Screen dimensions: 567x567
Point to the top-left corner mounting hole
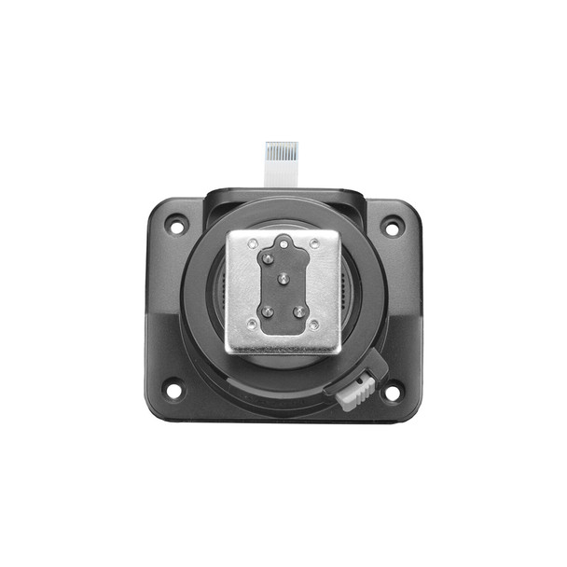(x=175, y=225)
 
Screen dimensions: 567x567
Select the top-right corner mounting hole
(x=393, y=226)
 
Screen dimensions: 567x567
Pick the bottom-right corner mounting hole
(x=393, y=393)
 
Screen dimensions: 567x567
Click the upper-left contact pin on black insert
(x=269, y=257)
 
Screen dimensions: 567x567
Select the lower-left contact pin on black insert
(x=267, y=311)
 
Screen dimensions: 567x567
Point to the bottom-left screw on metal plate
(x=252, y=325)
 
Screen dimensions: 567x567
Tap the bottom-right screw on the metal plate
(x=315, y=325)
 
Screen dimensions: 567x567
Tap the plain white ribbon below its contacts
(x=280, y=174)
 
